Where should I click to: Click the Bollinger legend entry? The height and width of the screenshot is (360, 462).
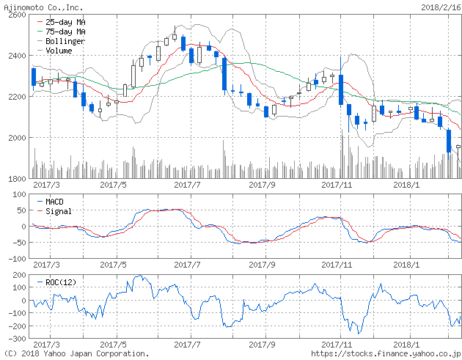pos(65,42)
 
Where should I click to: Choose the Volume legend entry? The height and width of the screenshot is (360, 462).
pos(59,51)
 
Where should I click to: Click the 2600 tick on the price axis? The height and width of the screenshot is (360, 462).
pos(16,15)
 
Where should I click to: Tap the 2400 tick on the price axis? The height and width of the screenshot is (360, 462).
pos(16,56)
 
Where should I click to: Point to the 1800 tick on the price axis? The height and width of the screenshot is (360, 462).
pos(16,179)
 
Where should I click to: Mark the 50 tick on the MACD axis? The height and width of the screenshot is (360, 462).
pos(20,210)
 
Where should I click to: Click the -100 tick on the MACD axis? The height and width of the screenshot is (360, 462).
pos(15,259)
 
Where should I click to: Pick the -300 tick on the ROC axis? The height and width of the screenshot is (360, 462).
pos(15,339)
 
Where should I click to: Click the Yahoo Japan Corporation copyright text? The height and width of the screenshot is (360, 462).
pos(77,353)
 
